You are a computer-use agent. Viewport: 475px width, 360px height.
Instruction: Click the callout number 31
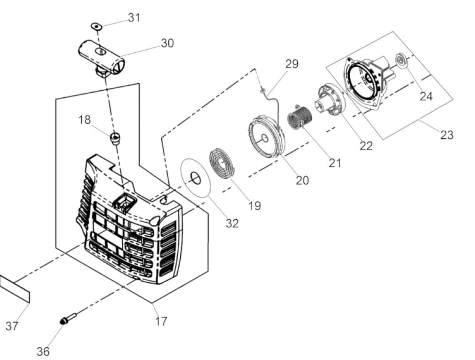pyautogui.click(x=134, y=17)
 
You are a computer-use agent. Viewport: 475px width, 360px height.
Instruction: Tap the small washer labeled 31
pyautogui.click(x=96, y=26)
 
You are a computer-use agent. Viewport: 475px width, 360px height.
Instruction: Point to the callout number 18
pyautogui.click(x=85, y=120)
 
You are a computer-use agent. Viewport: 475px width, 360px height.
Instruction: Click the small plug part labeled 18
pyautogui.click(x=115, y=138)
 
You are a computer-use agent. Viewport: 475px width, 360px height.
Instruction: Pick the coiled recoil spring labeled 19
pyautogui.click(x=222, y=165)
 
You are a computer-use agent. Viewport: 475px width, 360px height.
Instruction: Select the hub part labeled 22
pyautogui.click(x=331, y=99)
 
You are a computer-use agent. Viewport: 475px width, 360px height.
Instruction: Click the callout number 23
pyautogui.click(x=446, y=135)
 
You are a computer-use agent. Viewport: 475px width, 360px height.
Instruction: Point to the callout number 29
pyautogui.click(x=292, y=64)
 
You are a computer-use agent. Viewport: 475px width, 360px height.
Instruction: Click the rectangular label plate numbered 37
pyautogui.click(x=15, y=289)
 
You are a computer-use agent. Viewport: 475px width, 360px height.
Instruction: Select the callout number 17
pyautogui.click(x=161, y=321)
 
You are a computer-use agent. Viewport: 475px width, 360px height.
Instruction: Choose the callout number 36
pyautogui.click(x=43, y=352)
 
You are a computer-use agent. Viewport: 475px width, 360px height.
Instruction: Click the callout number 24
pyautogui.click(x=426, y=96)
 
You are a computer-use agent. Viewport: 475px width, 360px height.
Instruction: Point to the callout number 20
pyautogui.click(x=302, y=180)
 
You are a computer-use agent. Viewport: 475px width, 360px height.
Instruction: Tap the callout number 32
pyautogui.click(x=232, y=224)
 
